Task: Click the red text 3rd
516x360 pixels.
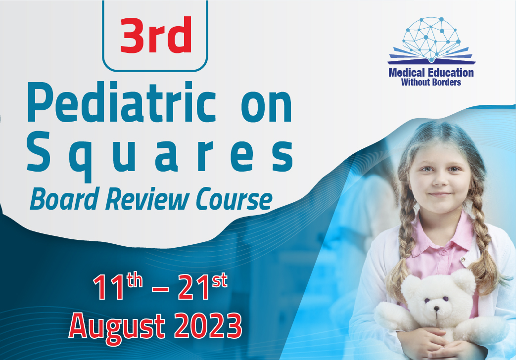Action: point(156,35)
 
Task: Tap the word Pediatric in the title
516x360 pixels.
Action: point(121,102)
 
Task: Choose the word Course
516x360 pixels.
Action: point(234,199)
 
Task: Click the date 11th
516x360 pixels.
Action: point(118,287)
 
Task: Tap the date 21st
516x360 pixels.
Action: point(202,287)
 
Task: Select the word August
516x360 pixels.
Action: point(117,327)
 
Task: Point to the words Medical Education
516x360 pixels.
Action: point(431,72)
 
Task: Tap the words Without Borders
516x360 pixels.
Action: point(431,82)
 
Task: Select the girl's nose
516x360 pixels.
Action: point(440,180)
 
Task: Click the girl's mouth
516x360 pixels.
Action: point(440,194)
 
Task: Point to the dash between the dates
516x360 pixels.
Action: point(160,289)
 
